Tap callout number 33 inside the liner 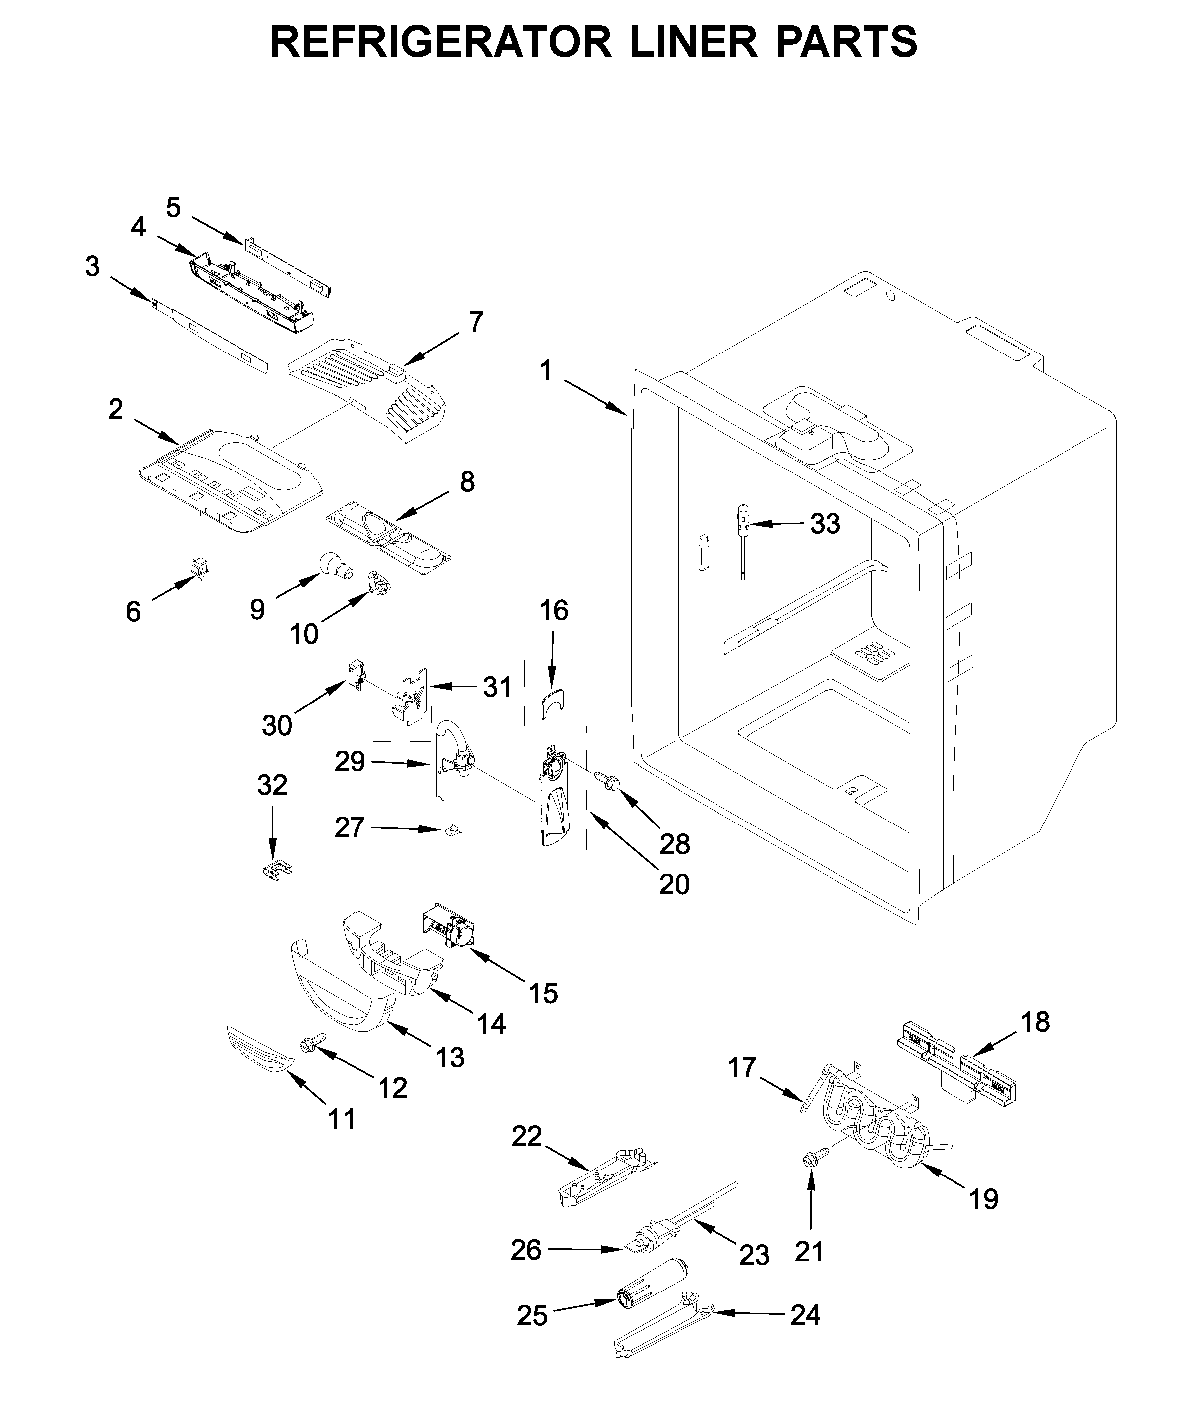pyautogui.click(x=825, y=523)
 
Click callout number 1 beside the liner pyautogui.click(x=546, y=371)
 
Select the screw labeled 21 pyautogui.click(x=808, y=1160)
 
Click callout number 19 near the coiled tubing pyautogui.click(x=983, y=1199)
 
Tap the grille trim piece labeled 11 pyautogui.click(x=259, y=1058)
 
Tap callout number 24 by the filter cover pyautogui.click(x=805, y=1315)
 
